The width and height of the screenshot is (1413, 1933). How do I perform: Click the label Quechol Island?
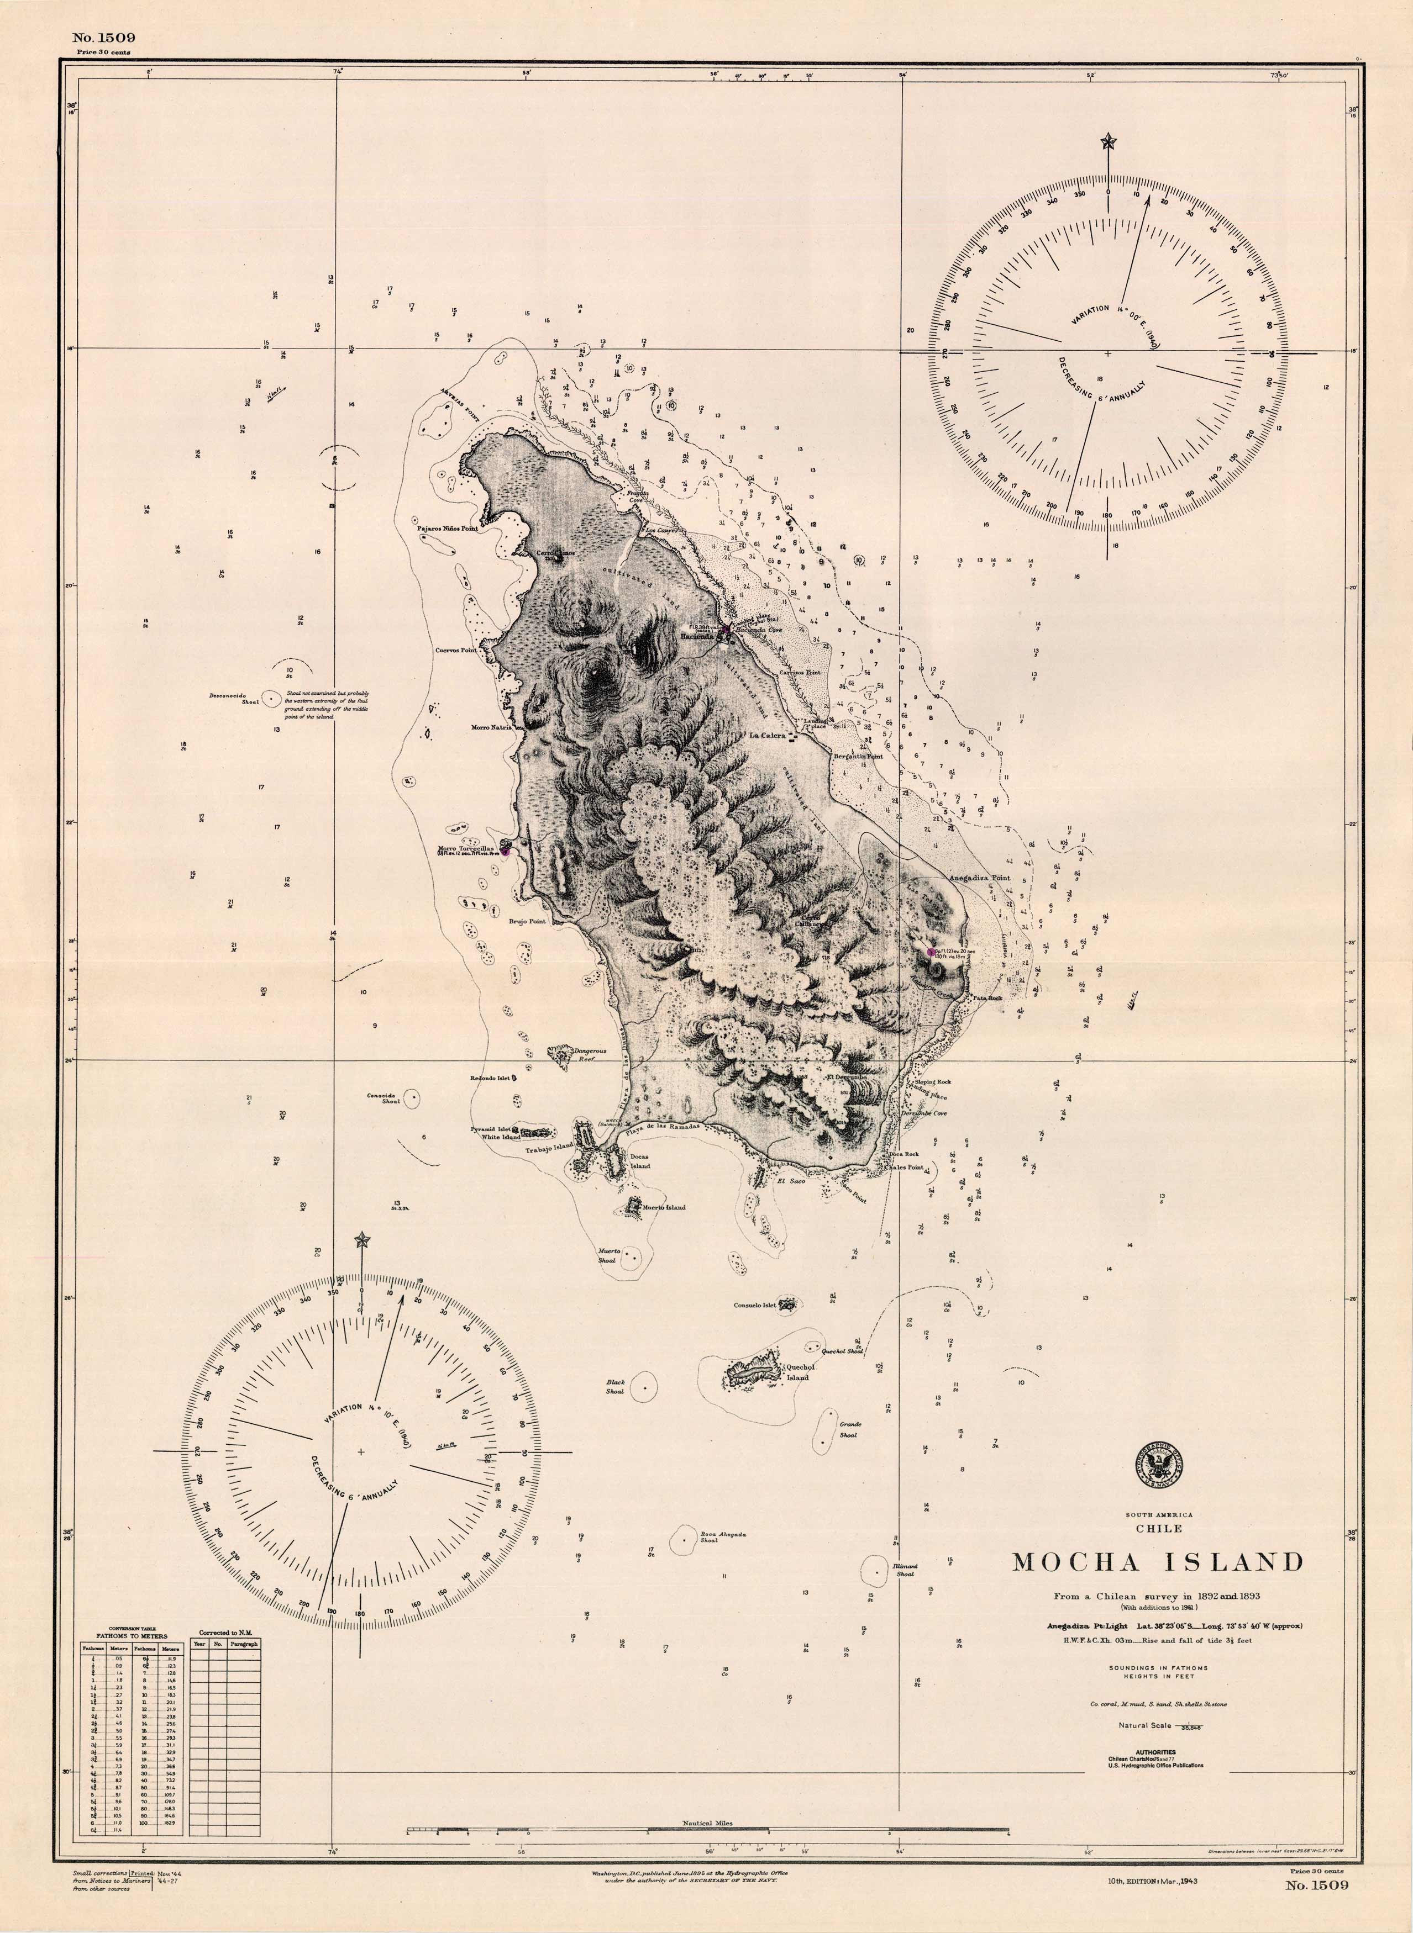tap(797, 1372)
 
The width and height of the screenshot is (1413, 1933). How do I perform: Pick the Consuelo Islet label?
tap(754, 1306)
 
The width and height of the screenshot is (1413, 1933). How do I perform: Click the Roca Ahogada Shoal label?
tap(723, 1537)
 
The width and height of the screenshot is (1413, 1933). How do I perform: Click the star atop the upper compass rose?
tap(1109, 140)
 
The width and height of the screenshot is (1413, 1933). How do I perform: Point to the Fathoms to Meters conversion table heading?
tap(130, 1635)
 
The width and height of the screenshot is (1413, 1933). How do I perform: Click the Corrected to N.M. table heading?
tap(224, 1632)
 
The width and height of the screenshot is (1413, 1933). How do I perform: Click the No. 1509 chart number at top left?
tap(103, 38)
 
